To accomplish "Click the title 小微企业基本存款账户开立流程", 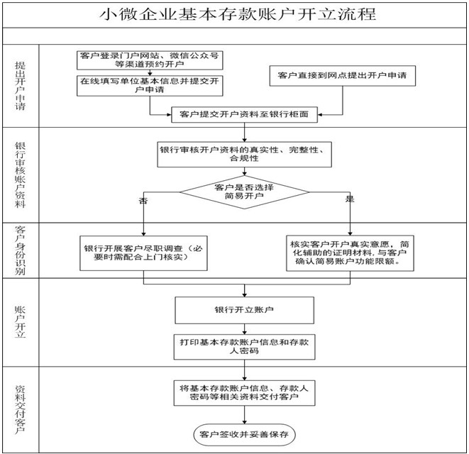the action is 238,14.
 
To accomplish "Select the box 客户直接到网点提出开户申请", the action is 343,76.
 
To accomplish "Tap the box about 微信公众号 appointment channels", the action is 150,60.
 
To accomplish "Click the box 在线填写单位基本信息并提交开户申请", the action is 150,86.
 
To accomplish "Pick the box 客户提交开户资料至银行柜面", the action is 244,114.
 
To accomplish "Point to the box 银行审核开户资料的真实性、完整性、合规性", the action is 244,155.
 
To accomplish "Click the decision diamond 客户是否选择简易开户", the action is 244,192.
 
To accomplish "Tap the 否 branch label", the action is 143,200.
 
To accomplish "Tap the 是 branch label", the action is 350,199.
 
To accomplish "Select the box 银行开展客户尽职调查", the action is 143,253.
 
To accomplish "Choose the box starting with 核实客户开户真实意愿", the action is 350,253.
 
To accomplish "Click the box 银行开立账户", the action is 244,310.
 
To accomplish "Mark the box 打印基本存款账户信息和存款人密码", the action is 244,347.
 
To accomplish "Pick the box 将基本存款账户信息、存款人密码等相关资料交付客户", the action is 244,393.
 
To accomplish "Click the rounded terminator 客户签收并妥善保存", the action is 244,435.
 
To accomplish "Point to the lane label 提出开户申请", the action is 21,86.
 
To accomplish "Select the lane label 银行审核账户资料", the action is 21,175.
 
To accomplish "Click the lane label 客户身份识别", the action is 21,250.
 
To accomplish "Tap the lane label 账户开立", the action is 21,322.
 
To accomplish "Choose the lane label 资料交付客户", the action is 21,410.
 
